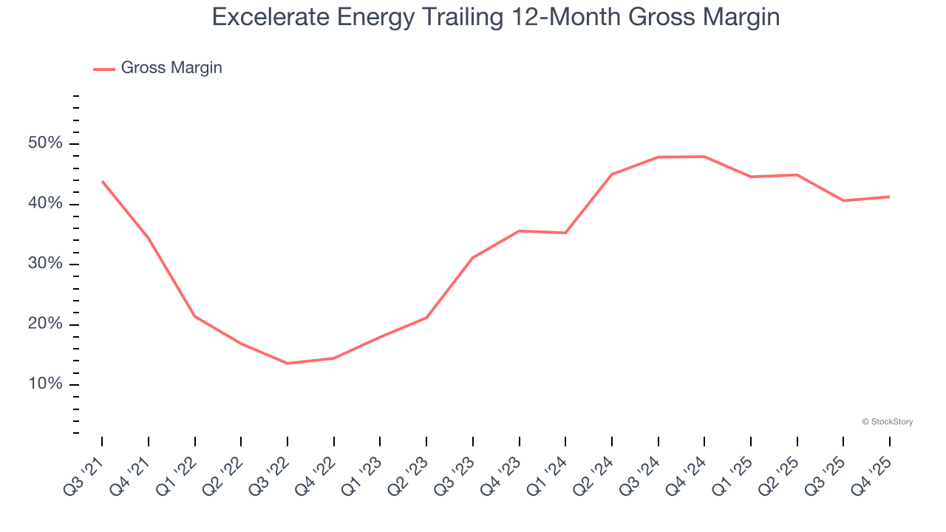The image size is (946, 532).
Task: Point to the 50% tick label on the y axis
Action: click(x=46, y=143)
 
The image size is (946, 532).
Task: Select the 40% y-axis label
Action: click(x=46, y=204)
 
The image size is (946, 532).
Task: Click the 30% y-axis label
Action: click(x=46, y=265)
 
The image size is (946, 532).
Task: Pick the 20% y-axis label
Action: click(x=46, y=324)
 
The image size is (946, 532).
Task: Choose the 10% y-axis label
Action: click(x=46, y=385)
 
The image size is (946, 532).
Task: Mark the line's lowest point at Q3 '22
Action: click(x=287, y=364)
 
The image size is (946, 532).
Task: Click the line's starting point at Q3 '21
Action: click(x=102, y=181)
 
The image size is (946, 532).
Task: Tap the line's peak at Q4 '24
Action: click(x=704, y=157)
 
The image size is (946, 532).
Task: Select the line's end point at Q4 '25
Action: click(x=889, y=197)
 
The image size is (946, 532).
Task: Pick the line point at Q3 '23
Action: click(x=473, y=257)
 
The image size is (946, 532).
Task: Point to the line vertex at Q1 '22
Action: click(x=194, y=316)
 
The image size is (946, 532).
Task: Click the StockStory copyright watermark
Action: click(x=887, y=422)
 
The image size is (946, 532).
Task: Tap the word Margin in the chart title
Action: click(x=742, y=16)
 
